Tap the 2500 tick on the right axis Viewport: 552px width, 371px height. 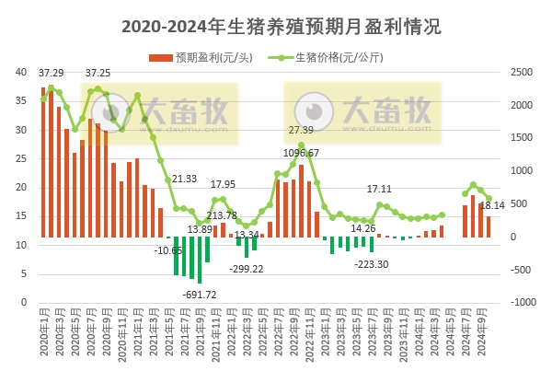(521, 71)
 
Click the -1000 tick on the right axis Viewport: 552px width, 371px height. (521, 302)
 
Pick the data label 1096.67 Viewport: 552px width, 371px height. (300, 153)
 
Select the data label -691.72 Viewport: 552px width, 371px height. (201, 295)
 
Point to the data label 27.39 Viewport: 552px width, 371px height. (301, 131)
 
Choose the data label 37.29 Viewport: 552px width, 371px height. (52, 73)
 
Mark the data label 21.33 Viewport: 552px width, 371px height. (184, 179)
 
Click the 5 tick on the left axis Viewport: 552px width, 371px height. (23, 273)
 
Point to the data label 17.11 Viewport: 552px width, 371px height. (380, 189)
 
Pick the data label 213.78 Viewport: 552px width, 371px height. (221, 215)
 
